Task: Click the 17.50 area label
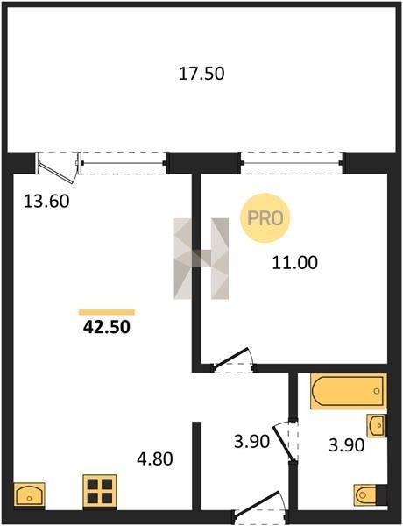(201, 74)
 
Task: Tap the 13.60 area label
(46, 202)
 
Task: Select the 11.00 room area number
(294, 262)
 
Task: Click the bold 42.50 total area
(107, 327)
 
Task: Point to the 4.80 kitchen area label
(155, 458)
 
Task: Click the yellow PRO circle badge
(265, 218)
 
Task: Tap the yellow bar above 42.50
(107, 312)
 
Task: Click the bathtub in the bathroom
(349, 391)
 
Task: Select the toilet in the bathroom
(367, 494)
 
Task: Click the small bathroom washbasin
(376, 426)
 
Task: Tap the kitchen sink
(29, 494)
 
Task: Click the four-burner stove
(100, 490)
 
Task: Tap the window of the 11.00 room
(292, 163)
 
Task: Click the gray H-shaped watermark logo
(201, 259)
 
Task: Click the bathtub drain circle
(377, 391)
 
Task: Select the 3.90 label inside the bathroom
(346, 445)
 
